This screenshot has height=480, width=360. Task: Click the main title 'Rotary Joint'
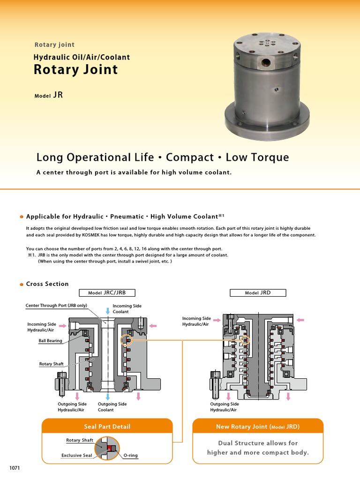point(75,70)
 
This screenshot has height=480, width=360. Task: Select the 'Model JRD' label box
point(258,292)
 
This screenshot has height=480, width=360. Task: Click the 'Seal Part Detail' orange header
point(107,426)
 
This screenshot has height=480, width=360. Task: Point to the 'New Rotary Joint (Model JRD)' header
point(258,426)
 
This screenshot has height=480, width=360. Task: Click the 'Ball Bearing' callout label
point(51,341)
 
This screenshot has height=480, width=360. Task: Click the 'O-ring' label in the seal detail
point(130,455)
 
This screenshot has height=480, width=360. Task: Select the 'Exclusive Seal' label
point(77,455)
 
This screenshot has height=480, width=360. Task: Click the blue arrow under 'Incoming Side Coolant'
point(108,310)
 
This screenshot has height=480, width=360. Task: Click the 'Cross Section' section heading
point(47,284)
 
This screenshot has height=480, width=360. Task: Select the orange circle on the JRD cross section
point(244,340)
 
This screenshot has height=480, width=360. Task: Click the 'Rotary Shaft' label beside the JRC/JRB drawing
point(51,364)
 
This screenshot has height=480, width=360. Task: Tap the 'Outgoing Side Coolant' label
point(112,407)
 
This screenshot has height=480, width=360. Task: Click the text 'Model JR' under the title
point(48,95)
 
